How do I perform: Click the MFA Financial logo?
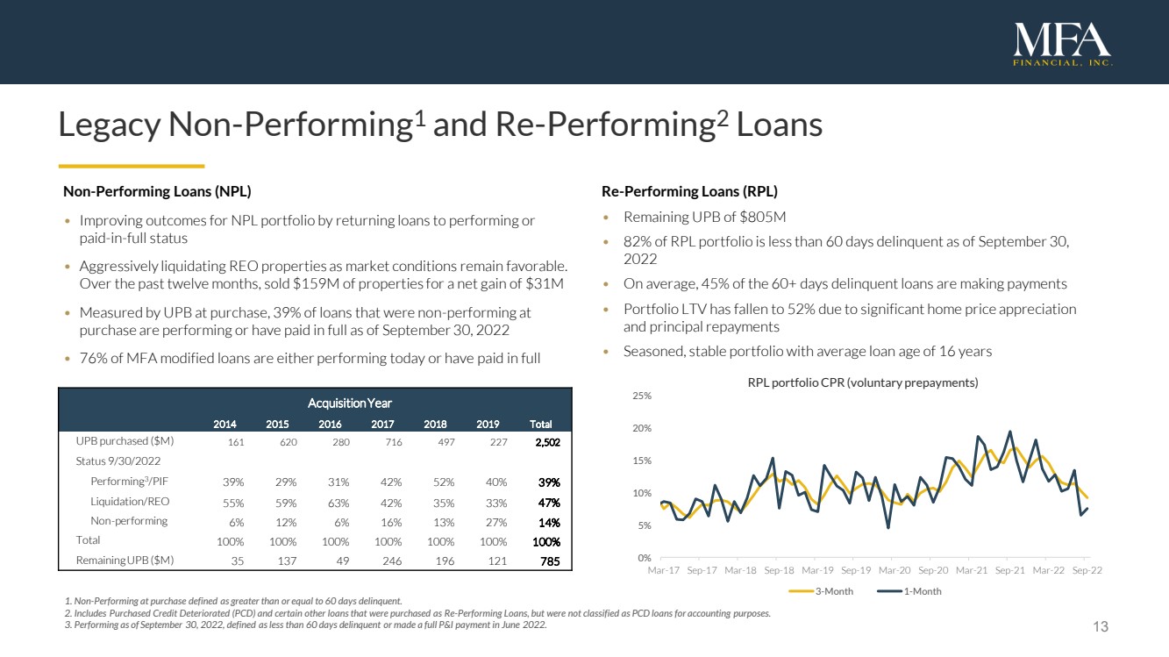[x=1062, y=44]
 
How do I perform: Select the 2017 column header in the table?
[x=383, y=424]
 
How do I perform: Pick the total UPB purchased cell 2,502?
[x=546, y=442]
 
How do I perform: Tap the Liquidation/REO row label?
[x=130, y=502]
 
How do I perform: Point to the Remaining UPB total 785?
[x=550, y=560]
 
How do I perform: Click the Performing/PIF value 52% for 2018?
[x=444, y=482]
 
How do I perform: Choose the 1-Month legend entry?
[x=917, y=591]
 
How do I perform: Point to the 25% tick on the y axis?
[x=642, y=396]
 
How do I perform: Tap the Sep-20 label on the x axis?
[x=933, y=570]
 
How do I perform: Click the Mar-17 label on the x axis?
[x=663, y=570]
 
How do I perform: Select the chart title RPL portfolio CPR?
[x=862, y=383]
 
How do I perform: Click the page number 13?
[x=1101, y=626]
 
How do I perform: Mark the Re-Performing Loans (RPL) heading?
[x=689, y=191]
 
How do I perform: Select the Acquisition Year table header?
[x=349, y=403]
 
